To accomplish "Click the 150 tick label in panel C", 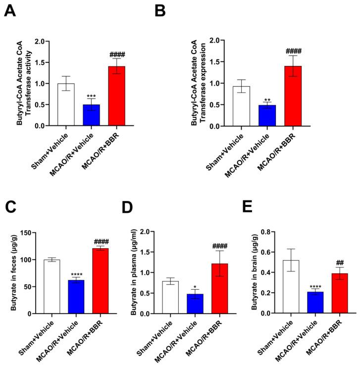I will click(x=33, y=233).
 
